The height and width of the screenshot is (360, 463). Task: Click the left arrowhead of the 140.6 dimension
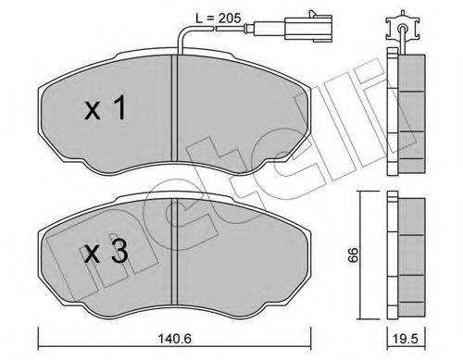tap(42, 330)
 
